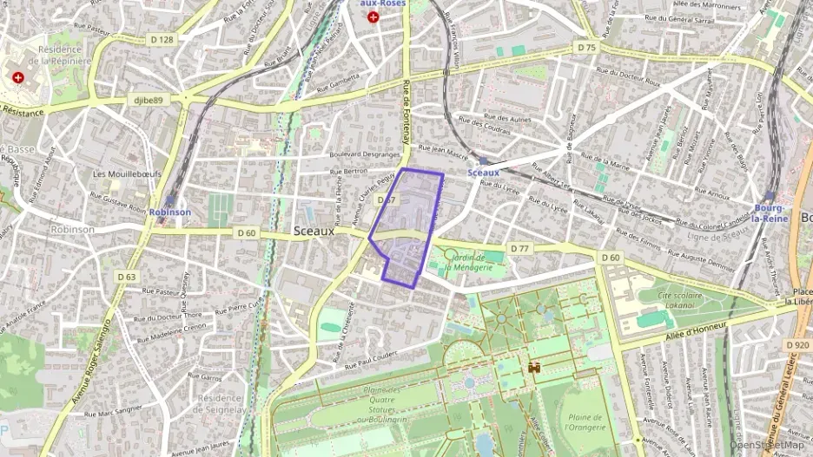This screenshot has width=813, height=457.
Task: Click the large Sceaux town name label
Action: [314, 231]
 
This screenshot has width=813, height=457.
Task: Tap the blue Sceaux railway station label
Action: [483, 173]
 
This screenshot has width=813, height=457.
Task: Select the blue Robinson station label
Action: [169, 212]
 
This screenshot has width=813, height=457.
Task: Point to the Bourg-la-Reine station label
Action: [770, 213]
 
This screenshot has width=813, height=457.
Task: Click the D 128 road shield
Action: [161, 39]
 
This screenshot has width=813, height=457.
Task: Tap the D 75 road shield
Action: [587, 48]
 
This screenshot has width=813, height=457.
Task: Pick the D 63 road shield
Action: [126, 277]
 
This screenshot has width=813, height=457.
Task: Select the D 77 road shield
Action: [519, 249]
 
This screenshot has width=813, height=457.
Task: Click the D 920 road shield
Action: [796, 345]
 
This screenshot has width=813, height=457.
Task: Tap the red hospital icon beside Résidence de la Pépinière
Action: [18, 77]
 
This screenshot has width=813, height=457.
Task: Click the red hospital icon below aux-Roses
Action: [373, 16]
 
